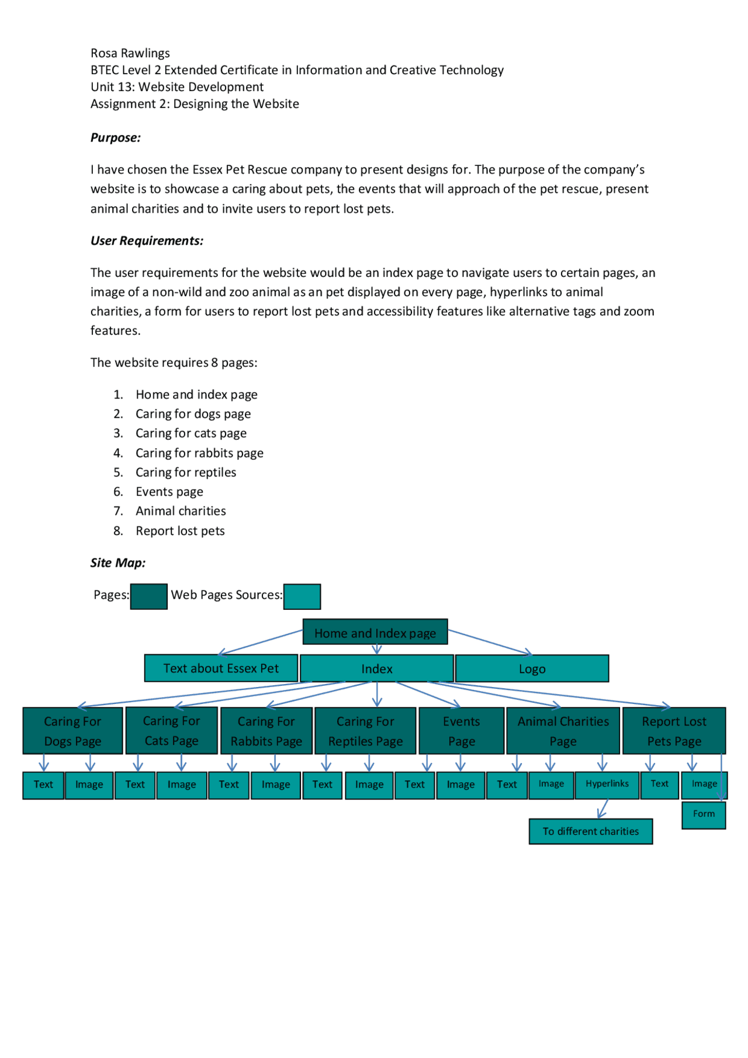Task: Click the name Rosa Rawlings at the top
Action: point(130,53)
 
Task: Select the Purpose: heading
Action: point(115,138)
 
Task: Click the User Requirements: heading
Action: point(147,241)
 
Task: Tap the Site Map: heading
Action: point(117,563)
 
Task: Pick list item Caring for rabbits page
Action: point(199,453)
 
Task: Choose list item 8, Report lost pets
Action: point(180,530)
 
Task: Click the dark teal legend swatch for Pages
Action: point(148,596)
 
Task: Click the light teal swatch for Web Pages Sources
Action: point(302,596)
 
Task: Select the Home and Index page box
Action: point(375,632)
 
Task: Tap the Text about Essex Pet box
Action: point(221,668)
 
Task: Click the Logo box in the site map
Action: point(532,668)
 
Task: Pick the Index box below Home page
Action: point(376,668)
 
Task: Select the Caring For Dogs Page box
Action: point(72,731)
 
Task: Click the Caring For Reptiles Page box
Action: point(365,731)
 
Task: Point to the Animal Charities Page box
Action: point(563,731)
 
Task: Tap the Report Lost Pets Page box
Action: point(674,731)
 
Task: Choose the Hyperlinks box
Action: point(607,784)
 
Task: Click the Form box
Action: point(704,814)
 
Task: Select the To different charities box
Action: point(590,831)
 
